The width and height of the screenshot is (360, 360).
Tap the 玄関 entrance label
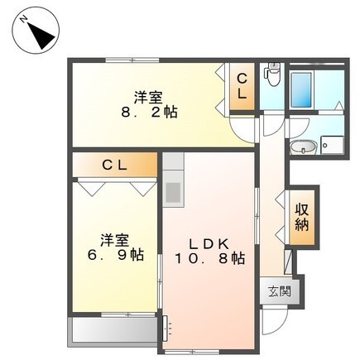coord(279,291)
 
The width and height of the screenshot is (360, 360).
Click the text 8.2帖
coord(149,112)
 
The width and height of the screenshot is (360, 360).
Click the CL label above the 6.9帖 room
coord(114,165)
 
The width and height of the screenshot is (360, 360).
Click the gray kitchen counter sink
coord(174,191)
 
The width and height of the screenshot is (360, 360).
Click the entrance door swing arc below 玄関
coord(277,318)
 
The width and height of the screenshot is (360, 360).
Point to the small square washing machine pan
coord(333,146)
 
